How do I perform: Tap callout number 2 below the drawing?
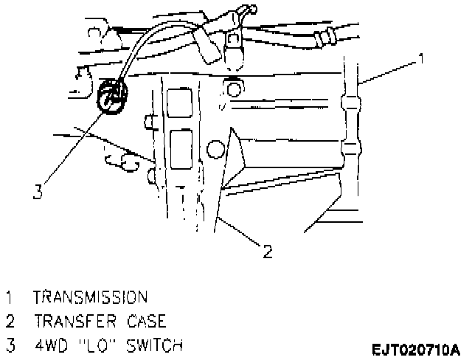tap(267, 252)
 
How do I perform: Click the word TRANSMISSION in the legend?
tap(90, 298)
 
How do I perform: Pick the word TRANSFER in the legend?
tap(69, 322)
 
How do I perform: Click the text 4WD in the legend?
tap(50, 345)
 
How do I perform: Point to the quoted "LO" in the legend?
tap(96, 345)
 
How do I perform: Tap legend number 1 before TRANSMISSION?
tap(10, 298)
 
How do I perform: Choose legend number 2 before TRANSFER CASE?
tap(10, 322)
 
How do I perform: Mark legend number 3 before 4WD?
tap(10, 345)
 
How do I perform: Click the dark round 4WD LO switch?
tap(112, 95)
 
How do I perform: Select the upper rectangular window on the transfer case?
tap(178, 104)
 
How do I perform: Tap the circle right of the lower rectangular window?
tap(215, 150)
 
